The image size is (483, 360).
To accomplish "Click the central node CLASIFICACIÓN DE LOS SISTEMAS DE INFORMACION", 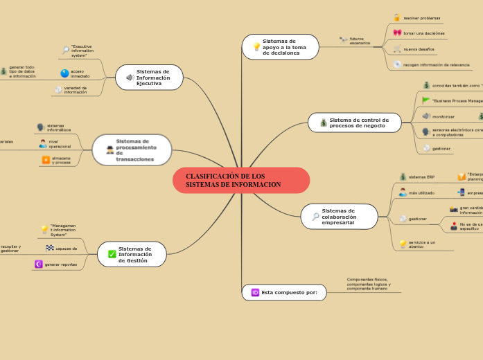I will pos(241,180).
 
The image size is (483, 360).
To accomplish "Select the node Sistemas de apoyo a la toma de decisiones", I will pos(281,47).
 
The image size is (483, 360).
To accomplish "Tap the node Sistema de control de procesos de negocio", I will pos(355,123).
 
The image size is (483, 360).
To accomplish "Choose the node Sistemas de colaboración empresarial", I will pos(340,216).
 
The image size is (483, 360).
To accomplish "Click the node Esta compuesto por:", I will pos(284,293).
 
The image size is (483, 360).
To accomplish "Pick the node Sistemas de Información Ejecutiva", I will pos(149,78).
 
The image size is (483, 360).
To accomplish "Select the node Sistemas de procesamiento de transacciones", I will pos(132,150).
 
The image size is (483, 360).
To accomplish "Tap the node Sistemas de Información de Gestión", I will pos(132,254).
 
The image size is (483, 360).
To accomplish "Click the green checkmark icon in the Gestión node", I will pos(112,254).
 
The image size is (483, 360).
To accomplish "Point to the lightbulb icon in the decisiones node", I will pos(256,47).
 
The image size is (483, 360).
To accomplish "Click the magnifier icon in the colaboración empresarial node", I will pos(315,217).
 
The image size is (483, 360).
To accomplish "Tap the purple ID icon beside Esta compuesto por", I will pos(255,293).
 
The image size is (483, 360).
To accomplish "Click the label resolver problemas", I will pos(421,18).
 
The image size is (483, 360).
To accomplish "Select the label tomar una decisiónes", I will pos(424,33).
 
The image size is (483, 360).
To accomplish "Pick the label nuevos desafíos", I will pos(419,49).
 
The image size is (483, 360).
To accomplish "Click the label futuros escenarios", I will pos(360,41).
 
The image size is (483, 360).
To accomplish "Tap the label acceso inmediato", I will pos(80,73).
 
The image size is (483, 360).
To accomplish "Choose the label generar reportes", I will pos(61,264).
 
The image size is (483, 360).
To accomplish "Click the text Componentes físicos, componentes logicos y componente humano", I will pos(369,283).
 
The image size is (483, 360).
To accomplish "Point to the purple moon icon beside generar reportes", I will pos(38,264).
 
